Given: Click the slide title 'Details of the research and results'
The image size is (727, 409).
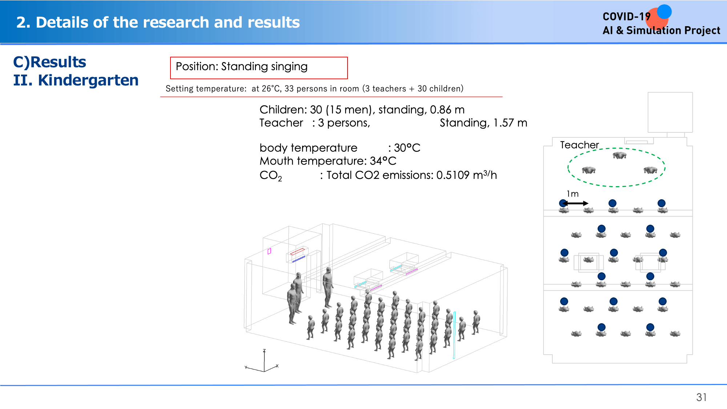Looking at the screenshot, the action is tap(168, 22).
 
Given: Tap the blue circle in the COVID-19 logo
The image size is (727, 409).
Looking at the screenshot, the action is tap(664, 12).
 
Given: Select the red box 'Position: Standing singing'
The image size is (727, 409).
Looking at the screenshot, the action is tap(259, 68).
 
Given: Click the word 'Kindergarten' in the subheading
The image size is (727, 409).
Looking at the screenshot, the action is tap(88, 80).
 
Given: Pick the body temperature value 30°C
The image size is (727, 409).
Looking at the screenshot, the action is tap(407, 148).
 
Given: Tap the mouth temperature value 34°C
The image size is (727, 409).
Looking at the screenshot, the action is tap(383, 161).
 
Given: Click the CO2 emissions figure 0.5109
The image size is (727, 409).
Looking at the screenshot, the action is tap(453, 175).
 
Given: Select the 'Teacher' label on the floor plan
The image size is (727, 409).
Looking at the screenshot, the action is tap(579, 145).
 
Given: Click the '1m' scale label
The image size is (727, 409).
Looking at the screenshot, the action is tap(573, 194).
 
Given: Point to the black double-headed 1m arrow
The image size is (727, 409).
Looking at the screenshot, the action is tap(575, 203).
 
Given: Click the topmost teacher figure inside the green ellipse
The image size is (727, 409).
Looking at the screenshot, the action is tap(620, 156).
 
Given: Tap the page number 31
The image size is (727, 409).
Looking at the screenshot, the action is tap(702, 397).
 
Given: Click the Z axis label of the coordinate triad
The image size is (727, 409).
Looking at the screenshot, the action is tap(264, 350).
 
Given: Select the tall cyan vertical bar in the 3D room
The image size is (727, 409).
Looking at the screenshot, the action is tap(454, 335).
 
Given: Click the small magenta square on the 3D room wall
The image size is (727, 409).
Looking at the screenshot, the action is tap(269, 251).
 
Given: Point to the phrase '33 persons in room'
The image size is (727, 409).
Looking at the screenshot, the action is tap(322, 89).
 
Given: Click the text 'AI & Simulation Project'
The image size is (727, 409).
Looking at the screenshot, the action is tap(661, 31).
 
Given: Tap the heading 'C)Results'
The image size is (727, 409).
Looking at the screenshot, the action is tap(50, 62).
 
